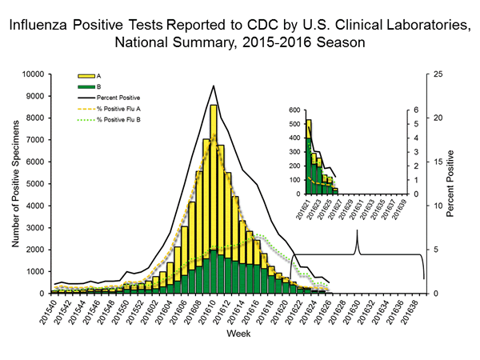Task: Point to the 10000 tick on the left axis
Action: [35, 74]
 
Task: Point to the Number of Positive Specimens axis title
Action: [15, 183]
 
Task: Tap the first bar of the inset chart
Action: [309, 157]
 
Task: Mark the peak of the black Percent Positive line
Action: [213, 86]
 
